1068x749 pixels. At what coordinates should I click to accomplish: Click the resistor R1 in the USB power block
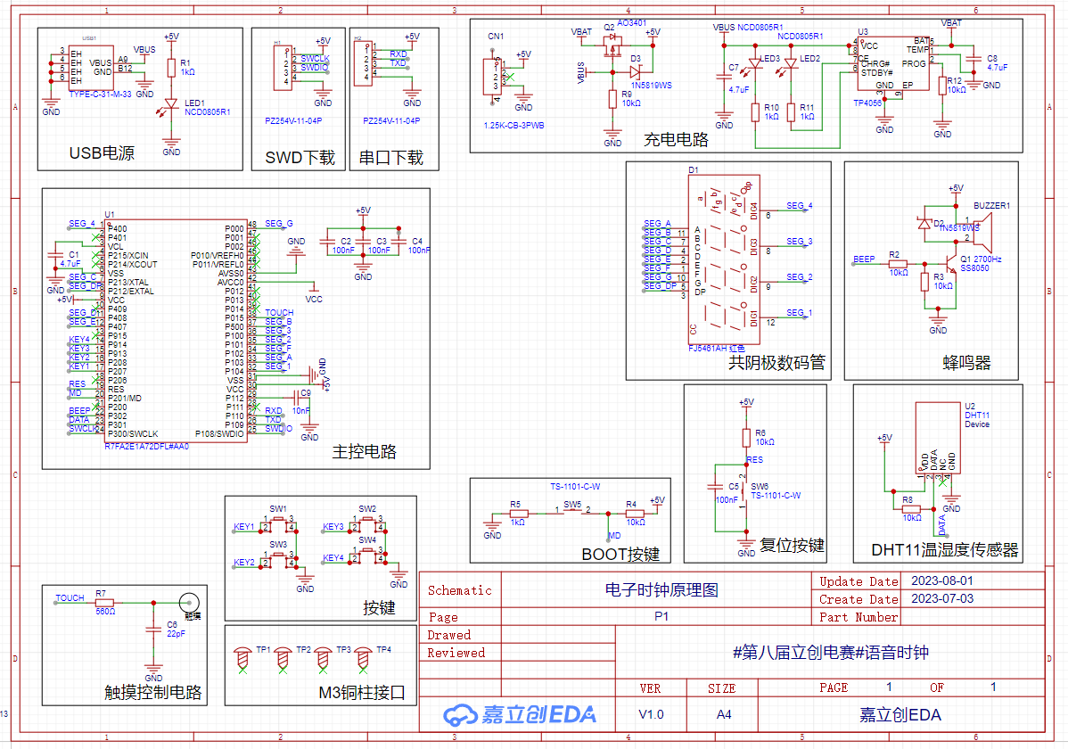(171, 67)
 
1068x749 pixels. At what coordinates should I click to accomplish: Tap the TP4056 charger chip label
(870, 103)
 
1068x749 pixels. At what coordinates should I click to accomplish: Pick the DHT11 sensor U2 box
(939, 437)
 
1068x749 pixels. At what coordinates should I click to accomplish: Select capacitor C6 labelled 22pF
(153, 630)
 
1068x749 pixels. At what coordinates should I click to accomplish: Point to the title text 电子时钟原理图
(661, 589)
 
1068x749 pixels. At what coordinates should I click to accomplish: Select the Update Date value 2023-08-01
(941, 581)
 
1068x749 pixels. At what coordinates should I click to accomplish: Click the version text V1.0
(651, 714)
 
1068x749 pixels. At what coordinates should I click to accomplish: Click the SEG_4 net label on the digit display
(799, 206)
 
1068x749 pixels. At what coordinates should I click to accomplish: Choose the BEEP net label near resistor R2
(864, 259)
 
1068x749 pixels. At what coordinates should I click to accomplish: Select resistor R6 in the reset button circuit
(747, 436)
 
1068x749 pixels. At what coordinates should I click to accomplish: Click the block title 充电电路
(676, 139)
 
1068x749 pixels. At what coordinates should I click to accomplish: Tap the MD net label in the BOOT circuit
(614, 535)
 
